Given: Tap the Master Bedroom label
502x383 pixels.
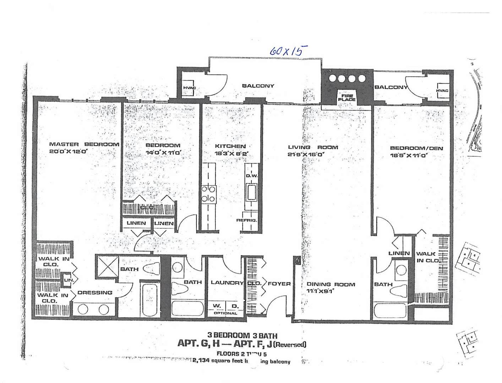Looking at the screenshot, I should click(x=84, y=144).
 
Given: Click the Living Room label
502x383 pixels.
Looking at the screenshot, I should click(x=313, y=147).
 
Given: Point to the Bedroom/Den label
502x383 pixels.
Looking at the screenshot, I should click(x=416, y=148).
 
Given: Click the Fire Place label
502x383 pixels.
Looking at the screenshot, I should click(x=347, y=98).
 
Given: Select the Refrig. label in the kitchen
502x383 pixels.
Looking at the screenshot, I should click(x=247, y=220).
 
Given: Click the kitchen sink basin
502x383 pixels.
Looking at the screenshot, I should click(x=252, y=193).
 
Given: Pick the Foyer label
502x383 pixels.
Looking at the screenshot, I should click(x=279, y=284).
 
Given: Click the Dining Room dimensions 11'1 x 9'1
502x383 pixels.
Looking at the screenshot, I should click(x=321, y=291).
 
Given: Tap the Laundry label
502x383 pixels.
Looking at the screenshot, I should click(x=227, y=283).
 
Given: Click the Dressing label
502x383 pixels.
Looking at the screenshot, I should click(x=95, y=293).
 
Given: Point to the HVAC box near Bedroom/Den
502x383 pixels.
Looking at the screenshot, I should click(x=442, y=90).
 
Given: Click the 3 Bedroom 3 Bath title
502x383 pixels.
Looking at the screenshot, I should click(x=242, y=335).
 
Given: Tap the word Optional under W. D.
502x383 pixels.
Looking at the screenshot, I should click(x=225, y=313).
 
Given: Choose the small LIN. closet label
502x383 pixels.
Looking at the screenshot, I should click(x=68, y=280).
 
